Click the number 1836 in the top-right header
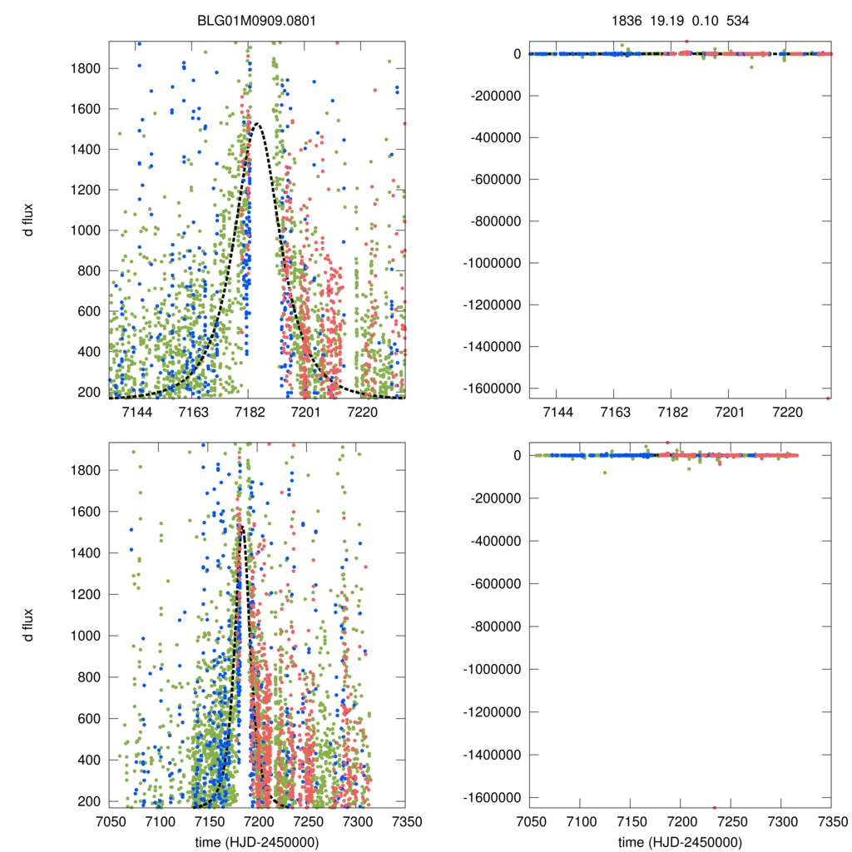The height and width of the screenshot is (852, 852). point(626,21)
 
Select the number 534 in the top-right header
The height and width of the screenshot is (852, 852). point(738,21)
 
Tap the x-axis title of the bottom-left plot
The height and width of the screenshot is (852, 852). point(256,841)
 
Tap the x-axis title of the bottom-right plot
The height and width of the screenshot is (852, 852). point(681,841)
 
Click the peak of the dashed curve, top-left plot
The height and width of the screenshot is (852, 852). point(256,124)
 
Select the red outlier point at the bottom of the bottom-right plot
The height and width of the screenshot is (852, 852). point(714,807)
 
